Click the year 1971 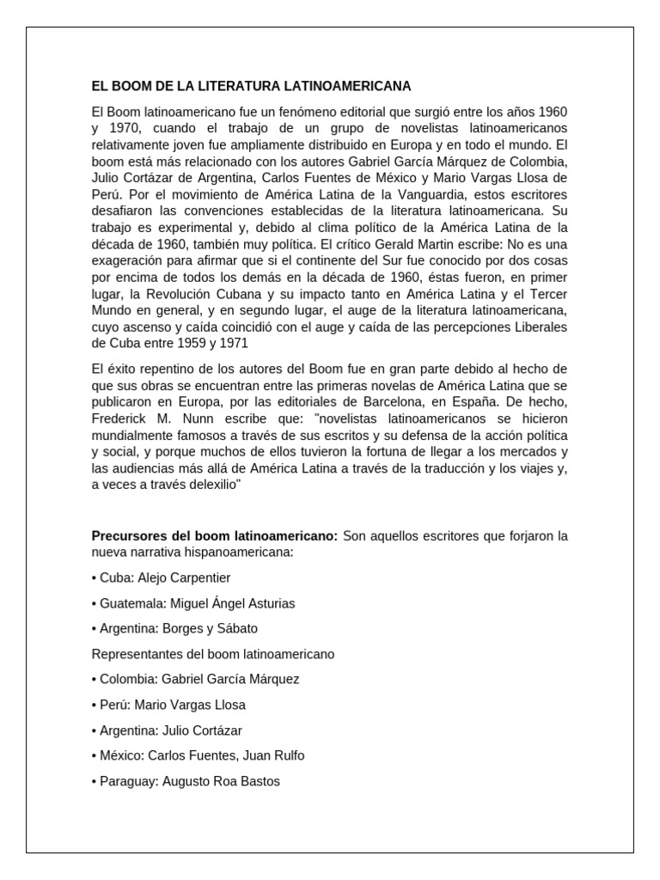234,343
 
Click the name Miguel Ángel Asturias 232,603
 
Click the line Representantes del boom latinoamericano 213,654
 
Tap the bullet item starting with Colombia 195,679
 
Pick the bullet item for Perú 168,705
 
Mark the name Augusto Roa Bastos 220,781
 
